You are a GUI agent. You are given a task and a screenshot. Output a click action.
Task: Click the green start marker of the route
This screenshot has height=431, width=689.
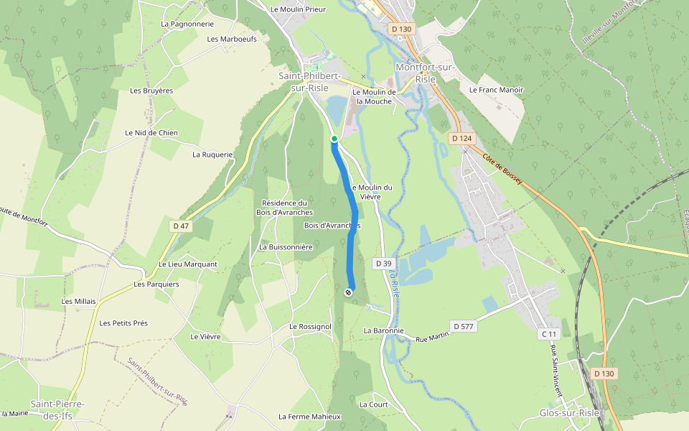tap(334, 138)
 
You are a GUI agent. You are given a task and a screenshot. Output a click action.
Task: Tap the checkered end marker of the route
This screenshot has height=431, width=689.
tap(348, 292)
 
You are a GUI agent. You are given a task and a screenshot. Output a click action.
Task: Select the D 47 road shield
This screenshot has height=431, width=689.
tap(181, 226)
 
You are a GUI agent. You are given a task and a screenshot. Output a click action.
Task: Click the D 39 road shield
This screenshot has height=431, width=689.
tap(382, 264)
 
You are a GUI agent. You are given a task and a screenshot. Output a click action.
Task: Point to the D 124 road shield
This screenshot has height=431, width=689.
tap(461, 137)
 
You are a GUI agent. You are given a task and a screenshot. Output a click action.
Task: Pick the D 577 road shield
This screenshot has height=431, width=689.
tap(463, 326)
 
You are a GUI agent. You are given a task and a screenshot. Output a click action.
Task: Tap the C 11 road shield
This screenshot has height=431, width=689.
tap(548, 334)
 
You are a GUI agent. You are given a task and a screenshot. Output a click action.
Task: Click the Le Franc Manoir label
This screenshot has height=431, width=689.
tap(496, 90)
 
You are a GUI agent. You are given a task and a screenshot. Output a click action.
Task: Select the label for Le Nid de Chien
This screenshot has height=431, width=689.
tap(151, 133)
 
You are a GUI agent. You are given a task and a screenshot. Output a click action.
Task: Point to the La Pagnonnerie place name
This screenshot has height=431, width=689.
tap(187, 24)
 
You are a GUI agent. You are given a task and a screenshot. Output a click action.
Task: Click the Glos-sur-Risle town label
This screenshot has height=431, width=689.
tap(569, 413)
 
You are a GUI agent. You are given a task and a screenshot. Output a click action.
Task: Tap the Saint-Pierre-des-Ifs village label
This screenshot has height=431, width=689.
tap(57, 409)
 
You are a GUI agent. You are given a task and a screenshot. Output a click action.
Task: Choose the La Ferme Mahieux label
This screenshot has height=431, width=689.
tap(309, 417)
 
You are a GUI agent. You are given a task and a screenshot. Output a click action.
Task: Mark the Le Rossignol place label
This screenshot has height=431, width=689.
tap(310, 326)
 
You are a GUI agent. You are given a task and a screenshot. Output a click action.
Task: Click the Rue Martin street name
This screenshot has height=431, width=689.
tap(432, 334)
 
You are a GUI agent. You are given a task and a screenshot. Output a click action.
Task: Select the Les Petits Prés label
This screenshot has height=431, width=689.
tap(123, 323)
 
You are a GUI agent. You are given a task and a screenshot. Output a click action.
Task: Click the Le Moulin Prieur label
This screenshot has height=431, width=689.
tap(298, 9)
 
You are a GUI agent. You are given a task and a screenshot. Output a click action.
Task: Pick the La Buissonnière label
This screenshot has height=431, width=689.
tap(286, 246)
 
